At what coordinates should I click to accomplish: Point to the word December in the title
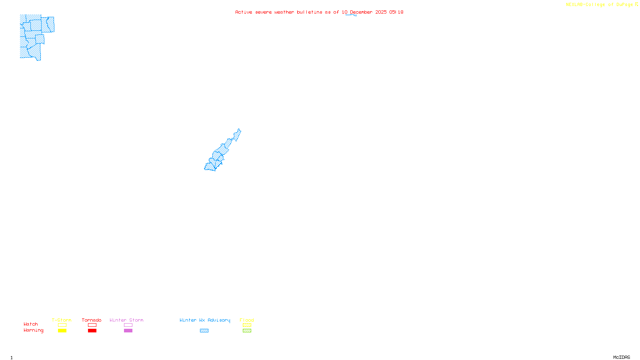pyautogui.click(x=361, y=12)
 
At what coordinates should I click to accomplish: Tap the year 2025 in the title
pyautogui.click(x=381, y=12)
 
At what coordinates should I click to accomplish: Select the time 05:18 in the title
pyautogui.click(x=396, y=12)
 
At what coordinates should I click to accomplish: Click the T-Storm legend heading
pyautogui.click(x=62, y=320)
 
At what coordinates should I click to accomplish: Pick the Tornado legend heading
pyautogui.click(x=92, y=320)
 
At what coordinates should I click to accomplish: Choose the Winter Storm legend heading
pyautogui.click(x=126, y=320)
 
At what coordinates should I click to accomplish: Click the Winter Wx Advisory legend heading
pyautogui.click(x=205, y=320)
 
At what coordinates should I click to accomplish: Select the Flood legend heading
pyautogui.click(x=247, y=320)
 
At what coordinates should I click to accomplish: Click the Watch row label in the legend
pyautogui.click(x=31, y=324)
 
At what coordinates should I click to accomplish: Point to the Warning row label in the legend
pyautogui.click(x=33, y=330)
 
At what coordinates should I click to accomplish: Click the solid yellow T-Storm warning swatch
pyautogui.click(x=62, y=331)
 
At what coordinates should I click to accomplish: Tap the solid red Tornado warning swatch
pyautogui.click(x=92, y=331)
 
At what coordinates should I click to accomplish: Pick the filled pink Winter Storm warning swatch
pyautogui.click(x=128, y=331)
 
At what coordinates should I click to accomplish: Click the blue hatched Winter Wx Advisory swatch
pyautogui.click(x=204, y=331)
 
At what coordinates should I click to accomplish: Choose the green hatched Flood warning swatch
pyautogui.click(x=247, y=331)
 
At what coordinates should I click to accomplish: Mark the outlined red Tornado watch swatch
pyautogui.click(x=92, y=325)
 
